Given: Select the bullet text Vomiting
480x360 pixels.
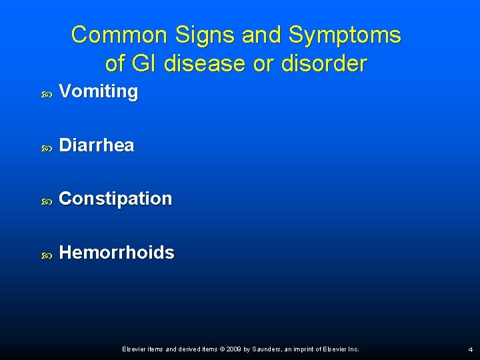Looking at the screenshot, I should coord(99,92).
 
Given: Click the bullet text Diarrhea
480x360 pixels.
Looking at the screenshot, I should coord(97,145).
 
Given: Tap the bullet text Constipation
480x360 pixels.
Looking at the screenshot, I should coord(115,199).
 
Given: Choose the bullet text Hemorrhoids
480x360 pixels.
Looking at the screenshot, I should coord(117,253).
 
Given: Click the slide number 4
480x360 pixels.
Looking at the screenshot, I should coord(470,349).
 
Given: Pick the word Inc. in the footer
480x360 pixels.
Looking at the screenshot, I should coord(353,349).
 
